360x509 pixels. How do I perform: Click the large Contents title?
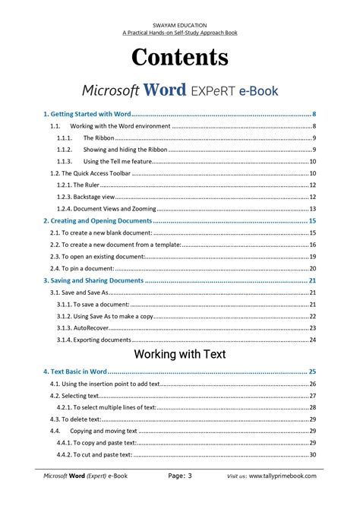179,58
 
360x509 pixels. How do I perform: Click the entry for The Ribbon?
99,138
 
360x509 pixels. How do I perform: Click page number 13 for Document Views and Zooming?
312,208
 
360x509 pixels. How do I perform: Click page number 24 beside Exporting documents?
312,340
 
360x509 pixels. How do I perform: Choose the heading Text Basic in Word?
74,371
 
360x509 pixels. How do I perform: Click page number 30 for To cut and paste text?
312,454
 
